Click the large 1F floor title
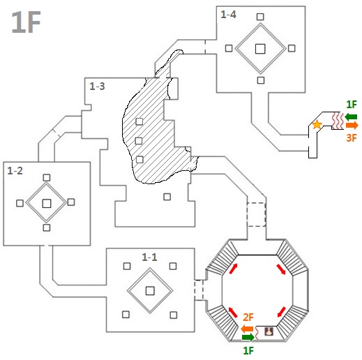(26, 22)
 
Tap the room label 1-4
(228, 15)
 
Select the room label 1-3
(97, 87)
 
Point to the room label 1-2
(15, 171)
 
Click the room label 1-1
(149, 257)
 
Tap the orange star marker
(317, 125)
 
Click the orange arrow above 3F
(352, 126)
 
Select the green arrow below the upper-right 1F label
(351, 117)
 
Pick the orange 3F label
(352, 138)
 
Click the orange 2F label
(248, 317)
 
